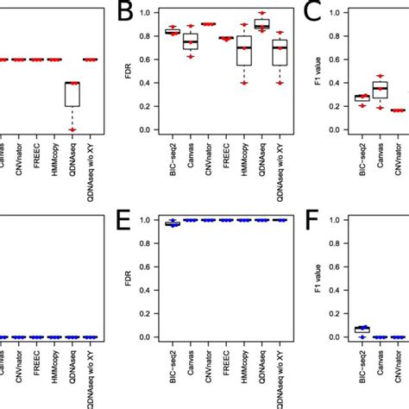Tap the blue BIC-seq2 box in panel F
(362, 329)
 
